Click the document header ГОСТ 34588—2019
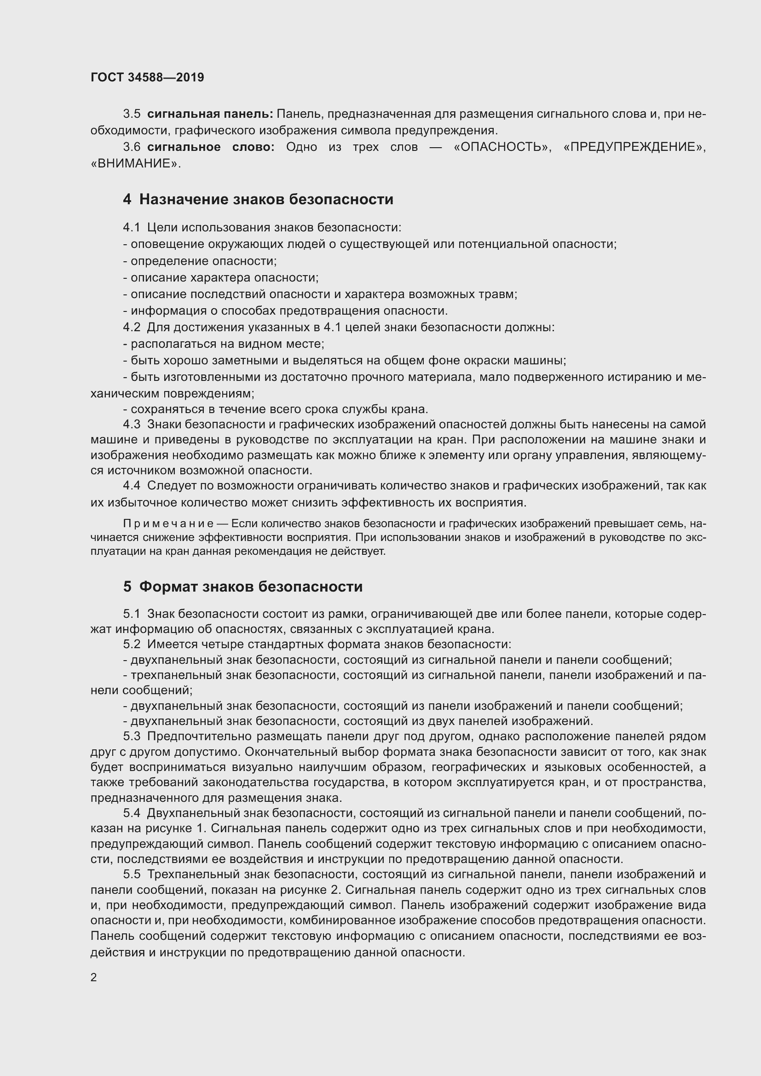[147, 77]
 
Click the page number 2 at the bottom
[94, 978]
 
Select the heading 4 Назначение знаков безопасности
[258, 199]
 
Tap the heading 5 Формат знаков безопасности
[243, 587]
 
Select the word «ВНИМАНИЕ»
[135, 164]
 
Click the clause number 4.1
[132, 228]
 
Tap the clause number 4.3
[132, 424]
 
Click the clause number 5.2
[132, 644]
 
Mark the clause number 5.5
[132, 874]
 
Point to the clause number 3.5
[132, 114]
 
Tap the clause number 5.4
[132, 812]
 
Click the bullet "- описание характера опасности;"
[221, 277]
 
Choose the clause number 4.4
[132, 486]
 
